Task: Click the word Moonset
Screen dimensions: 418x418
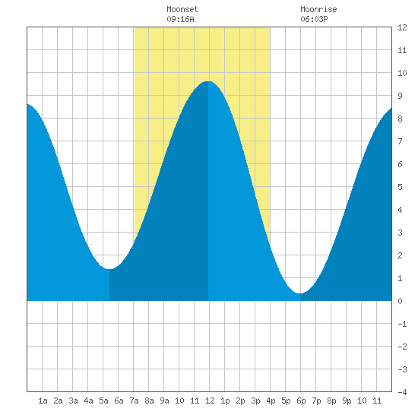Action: [182, 9]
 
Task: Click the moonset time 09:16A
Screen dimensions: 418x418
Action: [180, 19]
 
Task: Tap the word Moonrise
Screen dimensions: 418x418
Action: [318, 9]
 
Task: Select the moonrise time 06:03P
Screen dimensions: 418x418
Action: [315, 19]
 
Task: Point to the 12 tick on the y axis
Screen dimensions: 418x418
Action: [402, 27]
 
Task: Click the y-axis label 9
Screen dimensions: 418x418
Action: [400, 96]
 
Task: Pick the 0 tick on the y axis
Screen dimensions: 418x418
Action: [400, 301]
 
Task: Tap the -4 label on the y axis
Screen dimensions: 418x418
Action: [402, 392]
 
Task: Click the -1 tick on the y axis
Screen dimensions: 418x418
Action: [402, 324]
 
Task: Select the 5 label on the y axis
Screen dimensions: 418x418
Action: [400, 187]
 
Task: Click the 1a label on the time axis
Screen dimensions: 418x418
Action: [43, 401]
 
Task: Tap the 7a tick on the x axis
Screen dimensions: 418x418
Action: [134, 401]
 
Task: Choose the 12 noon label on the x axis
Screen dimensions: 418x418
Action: [210, 401]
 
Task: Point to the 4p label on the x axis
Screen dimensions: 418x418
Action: [271, 401]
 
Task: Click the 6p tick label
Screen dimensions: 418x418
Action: [301, 401]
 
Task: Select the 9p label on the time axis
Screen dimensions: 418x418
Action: [347, 401]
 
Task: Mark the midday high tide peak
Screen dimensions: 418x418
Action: [208, 81]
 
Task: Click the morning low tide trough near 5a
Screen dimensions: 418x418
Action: [109, 269]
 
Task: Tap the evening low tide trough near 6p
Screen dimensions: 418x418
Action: [300, 293]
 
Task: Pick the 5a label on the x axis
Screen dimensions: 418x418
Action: [103, 401]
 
